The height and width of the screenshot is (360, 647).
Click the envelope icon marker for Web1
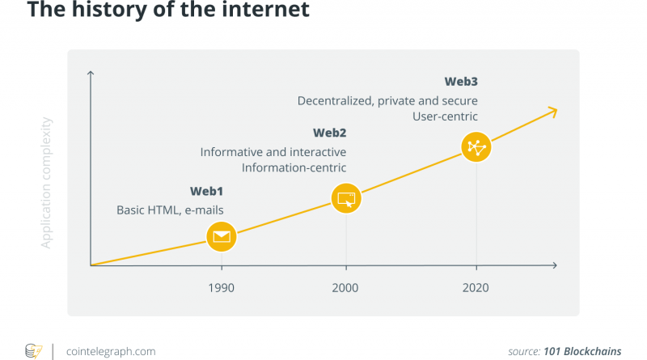222,237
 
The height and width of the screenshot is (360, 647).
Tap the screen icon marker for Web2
346,197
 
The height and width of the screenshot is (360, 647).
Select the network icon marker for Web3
476,146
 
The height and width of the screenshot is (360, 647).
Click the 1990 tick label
222,288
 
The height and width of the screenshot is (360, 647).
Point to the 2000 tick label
346,288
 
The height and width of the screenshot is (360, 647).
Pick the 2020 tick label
476,288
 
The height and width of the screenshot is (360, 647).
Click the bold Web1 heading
206,192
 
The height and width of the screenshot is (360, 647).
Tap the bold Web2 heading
329,133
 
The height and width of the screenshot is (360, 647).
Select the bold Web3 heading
461,82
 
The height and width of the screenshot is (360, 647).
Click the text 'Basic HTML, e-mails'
170,210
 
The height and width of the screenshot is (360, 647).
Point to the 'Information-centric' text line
294,168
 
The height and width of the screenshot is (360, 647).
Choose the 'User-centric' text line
445,116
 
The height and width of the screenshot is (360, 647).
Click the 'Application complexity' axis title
47,182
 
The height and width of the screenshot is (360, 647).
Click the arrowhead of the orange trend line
553,110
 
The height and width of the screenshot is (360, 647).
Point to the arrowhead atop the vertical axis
91,74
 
